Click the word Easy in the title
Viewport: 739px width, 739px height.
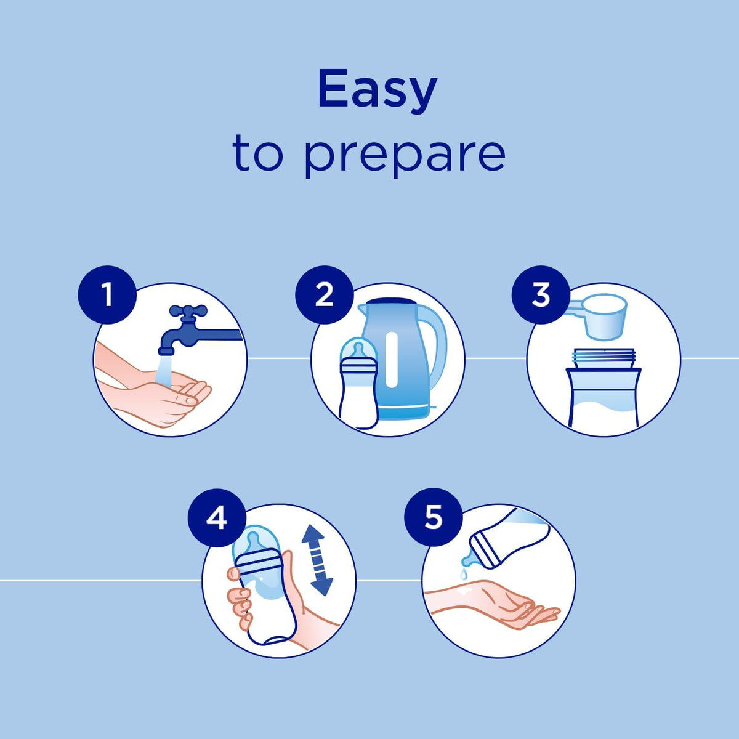pos(378,92)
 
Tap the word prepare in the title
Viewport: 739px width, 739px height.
pos(405,157)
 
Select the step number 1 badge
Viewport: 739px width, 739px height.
pos(107,294)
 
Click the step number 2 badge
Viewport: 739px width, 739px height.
pos(324,294)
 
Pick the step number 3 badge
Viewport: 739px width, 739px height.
pos(541,294)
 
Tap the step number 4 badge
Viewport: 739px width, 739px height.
pos(217,519)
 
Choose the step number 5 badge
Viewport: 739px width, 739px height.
pos(434,518)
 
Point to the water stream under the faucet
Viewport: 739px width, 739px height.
pos(163,370)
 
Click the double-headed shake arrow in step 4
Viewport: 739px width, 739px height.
pos(317,560)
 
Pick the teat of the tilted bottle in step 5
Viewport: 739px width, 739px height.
pos(469,560)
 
